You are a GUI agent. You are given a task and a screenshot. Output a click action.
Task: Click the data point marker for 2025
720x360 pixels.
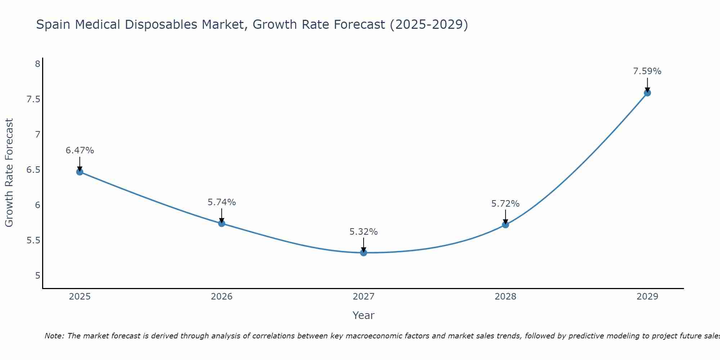(80, 172)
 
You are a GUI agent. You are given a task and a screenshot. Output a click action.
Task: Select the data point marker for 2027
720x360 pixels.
(364, 253)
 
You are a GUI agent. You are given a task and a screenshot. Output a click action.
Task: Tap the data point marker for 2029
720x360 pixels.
(647, 93)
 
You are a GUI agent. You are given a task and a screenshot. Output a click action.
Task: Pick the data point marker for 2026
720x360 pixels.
(222, 223)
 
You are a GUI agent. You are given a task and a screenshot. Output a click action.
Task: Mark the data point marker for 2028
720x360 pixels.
(505, 225)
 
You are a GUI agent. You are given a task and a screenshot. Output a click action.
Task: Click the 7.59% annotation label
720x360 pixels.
(647, 71)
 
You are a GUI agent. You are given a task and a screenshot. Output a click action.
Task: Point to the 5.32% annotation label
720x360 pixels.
(364, 232)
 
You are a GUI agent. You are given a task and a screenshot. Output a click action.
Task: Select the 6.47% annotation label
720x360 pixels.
(80, 150)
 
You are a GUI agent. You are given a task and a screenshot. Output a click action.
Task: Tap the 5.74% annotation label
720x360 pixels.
(222, 202)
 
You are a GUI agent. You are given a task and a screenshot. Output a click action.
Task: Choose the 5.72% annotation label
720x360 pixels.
(505, 204)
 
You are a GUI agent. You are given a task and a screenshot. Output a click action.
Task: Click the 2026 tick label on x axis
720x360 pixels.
(222, 297)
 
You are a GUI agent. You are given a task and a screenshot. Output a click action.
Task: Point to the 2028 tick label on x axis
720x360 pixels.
(505, 297)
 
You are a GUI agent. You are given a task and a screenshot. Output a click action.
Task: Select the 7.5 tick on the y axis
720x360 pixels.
(33, 99)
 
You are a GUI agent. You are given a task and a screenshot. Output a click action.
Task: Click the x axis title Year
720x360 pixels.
(364, 315)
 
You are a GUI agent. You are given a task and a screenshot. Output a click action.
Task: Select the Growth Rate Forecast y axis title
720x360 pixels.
(9, 173)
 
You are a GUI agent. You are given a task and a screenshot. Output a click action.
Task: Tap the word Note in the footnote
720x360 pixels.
(54, 336)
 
